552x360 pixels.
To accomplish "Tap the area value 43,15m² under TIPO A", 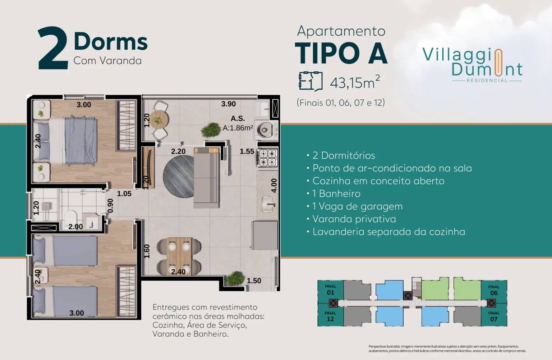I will [x=355, y=82].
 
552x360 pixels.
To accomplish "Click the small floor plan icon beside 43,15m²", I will [x=310, y=81].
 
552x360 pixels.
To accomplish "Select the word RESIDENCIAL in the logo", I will [x=487, y=81].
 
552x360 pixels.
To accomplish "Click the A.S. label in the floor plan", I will [x=238, y=118].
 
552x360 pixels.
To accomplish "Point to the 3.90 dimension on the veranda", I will [x=229, y=104].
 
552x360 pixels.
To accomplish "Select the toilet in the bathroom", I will [x=71, y=217].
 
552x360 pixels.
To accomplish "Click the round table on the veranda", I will [x=157, y=118].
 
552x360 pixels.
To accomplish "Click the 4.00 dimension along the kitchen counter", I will [x=274, y=186].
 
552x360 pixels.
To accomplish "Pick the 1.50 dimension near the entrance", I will [x=254, y=281].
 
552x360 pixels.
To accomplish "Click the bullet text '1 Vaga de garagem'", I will [x=357, y=206].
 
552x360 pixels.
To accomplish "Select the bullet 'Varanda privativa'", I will [x=354, y=219].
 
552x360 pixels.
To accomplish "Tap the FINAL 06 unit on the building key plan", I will [x=494, y=290].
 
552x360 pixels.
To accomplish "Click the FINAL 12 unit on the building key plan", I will [x=330, y=316].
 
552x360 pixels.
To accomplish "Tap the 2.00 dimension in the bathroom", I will [x=75, y=227].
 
